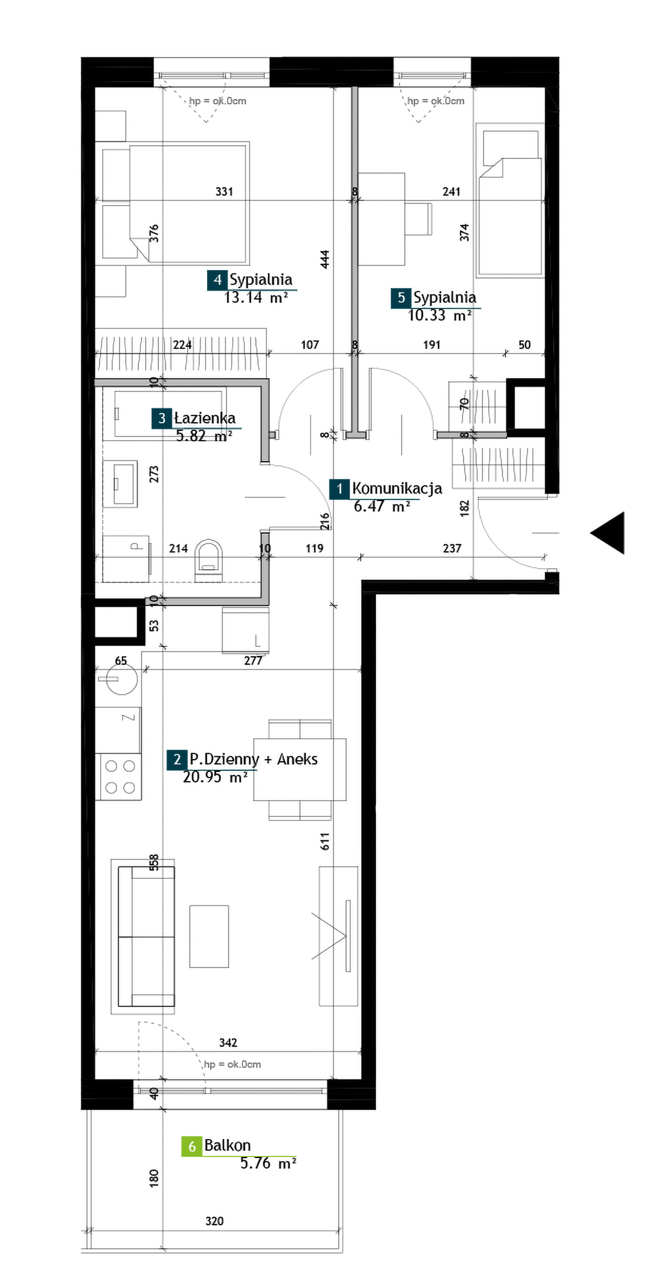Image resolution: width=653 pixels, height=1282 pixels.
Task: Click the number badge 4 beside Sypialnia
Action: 217,280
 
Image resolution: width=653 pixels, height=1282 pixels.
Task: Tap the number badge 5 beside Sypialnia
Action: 401,298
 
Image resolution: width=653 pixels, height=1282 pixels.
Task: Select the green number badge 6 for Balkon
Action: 191,1146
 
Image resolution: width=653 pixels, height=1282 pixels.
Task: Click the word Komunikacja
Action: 397,488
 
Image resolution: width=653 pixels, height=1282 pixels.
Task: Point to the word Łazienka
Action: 204,418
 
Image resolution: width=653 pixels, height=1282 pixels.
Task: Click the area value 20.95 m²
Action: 215,777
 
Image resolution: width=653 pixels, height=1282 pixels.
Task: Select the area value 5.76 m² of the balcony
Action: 268,1163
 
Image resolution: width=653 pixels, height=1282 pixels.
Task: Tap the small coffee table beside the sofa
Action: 209,936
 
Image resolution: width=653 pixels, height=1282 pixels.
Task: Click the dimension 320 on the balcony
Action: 214,1221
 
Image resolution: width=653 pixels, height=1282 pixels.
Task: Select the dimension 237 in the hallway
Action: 452,548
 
